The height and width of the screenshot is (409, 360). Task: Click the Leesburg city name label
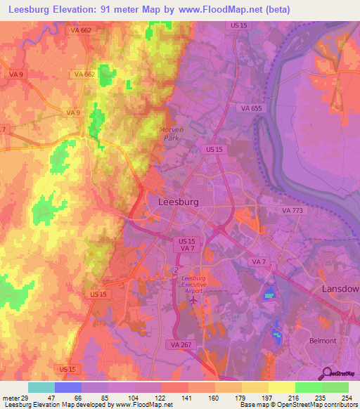(x=174, y=202)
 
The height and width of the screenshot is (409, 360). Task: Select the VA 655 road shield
(x=243, y=108)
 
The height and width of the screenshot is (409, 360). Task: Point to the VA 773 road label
(x=290, y=210)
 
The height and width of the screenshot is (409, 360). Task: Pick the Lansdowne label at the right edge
(x=340, y=289)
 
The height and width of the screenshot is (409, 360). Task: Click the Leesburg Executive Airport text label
(x=193, y=283)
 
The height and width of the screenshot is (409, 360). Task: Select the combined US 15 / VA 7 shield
(x=184, y=244)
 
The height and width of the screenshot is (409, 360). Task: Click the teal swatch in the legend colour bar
(x=41, y=387)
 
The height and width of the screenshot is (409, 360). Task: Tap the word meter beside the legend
(x=8, y=397)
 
